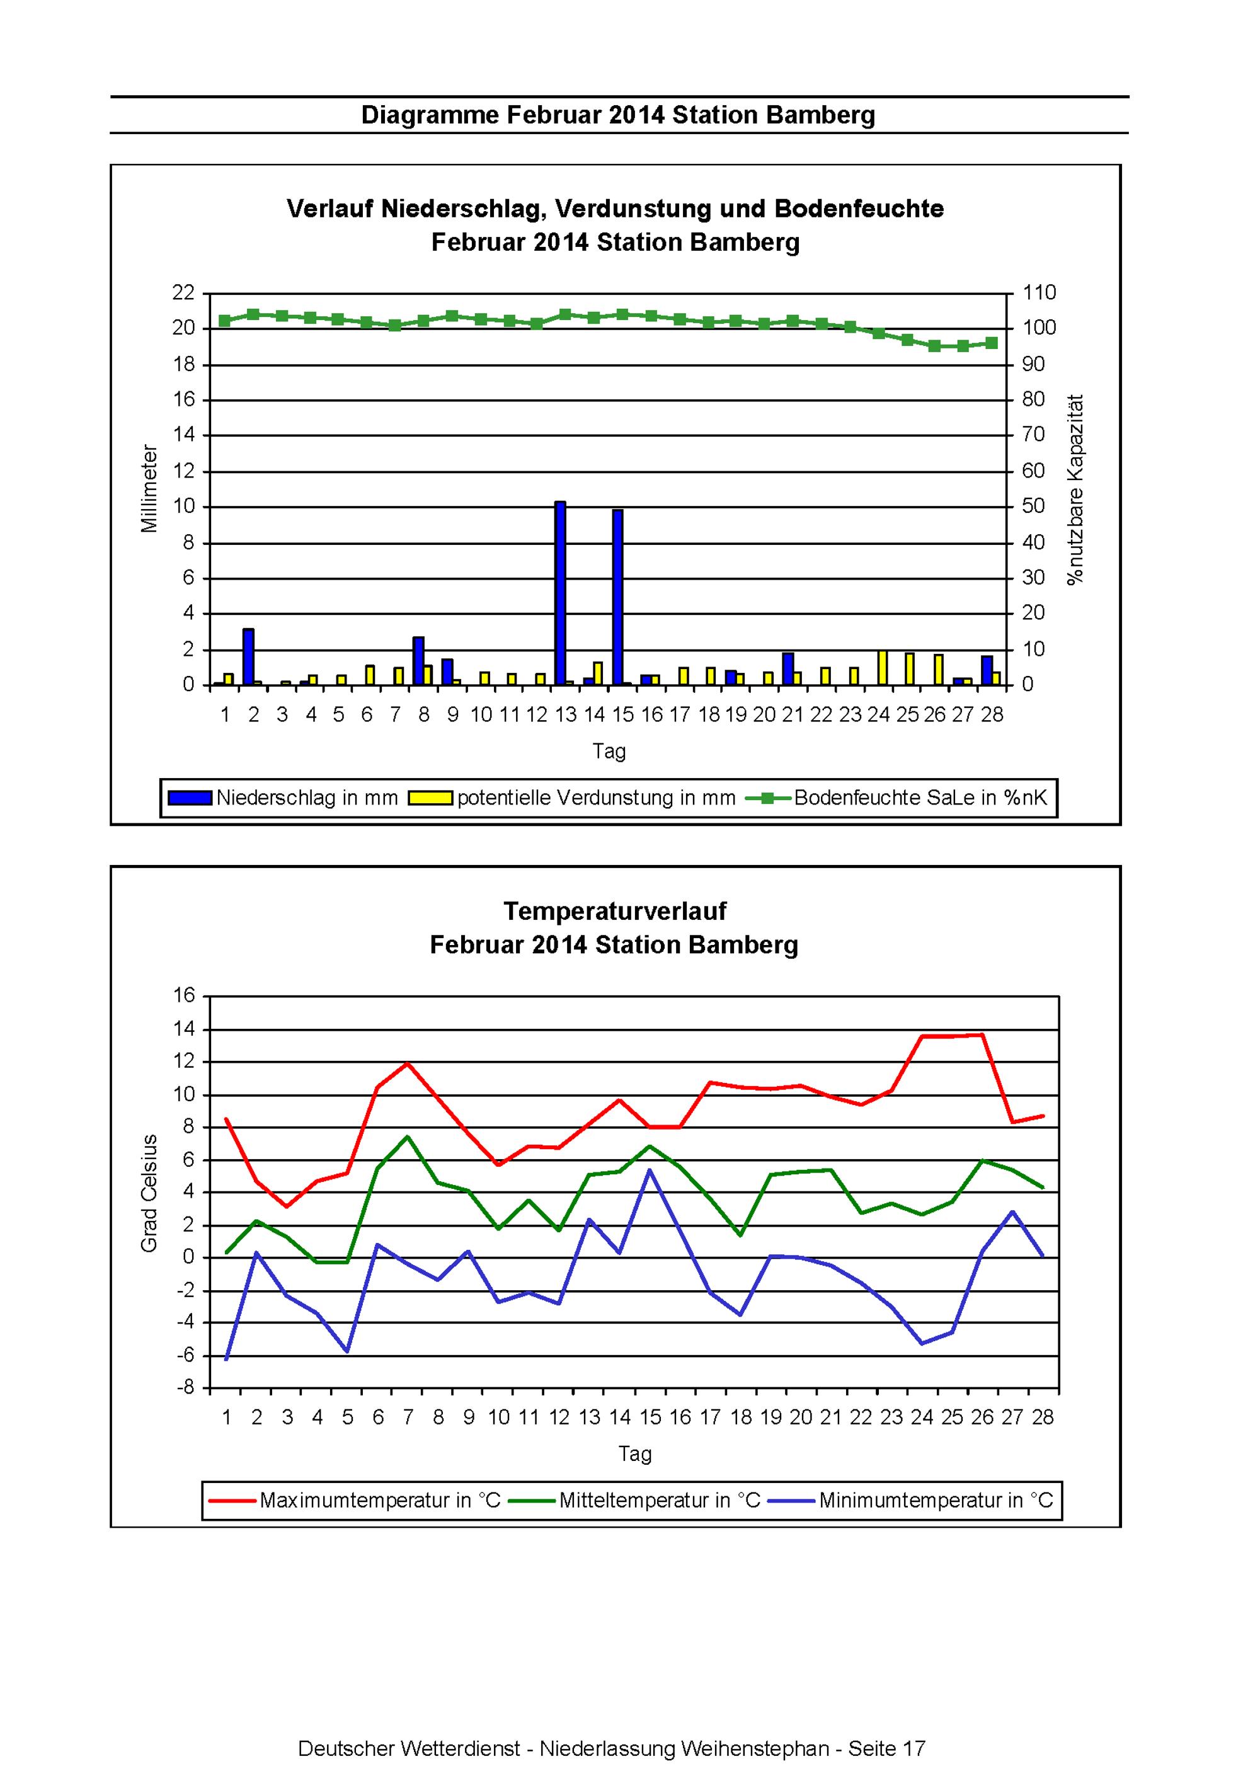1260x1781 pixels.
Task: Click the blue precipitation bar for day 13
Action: tap(560, 593)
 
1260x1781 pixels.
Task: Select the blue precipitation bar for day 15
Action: tap(617, 597)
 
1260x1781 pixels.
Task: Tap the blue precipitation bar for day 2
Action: tap(248, 657)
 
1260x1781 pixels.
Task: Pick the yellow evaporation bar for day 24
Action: tap(882, 668)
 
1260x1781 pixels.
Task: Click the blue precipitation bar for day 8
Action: tap(418, 661)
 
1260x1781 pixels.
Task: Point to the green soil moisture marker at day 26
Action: tap(935, 346)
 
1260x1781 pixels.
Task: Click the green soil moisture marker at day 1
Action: tap(225, 321)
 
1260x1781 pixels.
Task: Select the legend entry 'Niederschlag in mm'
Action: tap(283, 798)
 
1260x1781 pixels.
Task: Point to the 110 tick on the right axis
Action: tap(1039, 293)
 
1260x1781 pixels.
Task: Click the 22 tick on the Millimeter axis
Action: tap(183, 293)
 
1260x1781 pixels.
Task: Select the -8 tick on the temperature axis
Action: tap(185, 1388)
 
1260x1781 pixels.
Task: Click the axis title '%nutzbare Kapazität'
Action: tap(1075, 490)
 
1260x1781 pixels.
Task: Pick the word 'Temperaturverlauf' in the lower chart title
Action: tap(614, 911)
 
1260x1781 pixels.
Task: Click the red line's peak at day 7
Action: tap(408, 1063)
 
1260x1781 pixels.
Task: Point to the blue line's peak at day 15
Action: tap(650, 1169)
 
